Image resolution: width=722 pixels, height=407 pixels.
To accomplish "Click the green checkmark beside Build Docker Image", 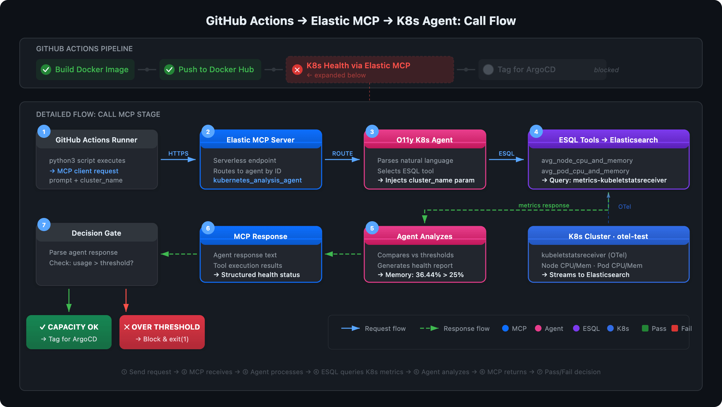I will (46, 70).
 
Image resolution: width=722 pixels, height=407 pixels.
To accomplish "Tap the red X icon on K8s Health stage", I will (297, 70).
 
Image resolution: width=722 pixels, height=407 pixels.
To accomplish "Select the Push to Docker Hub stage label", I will (216, 70).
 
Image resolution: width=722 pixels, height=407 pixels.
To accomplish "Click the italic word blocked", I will (606, 70).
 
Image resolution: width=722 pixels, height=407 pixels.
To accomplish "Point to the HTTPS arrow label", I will (178, 153).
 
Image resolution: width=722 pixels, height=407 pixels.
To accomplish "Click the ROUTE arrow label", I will (342, 153).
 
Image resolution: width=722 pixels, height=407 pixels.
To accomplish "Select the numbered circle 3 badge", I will (372, 132).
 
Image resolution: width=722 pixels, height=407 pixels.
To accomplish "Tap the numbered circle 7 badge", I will (44, 225).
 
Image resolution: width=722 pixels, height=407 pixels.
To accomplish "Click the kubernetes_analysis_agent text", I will (257, 180).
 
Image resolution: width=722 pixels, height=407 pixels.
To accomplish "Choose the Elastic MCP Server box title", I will (260, 140).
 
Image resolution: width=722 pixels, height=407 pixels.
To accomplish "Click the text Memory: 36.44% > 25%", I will (424, 275).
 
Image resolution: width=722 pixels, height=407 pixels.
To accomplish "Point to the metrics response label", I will (543, 205).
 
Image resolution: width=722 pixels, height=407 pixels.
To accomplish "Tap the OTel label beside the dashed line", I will (624, 207).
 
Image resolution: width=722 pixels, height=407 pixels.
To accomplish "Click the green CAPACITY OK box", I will (69, 332).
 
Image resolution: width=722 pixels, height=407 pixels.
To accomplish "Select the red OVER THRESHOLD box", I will (162, 332).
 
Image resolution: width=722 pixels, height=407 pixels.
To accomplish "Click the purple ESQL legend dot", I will (576, 328).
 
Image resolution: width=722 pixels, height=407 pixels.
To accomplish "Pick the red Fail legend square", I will (675, 328).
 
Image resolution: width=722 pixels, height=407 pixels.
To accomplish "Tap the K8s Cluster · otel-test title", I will (608, 236).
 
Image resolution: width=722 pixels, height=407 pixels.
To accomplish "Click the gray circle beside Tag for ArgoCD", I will (488, 70).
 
